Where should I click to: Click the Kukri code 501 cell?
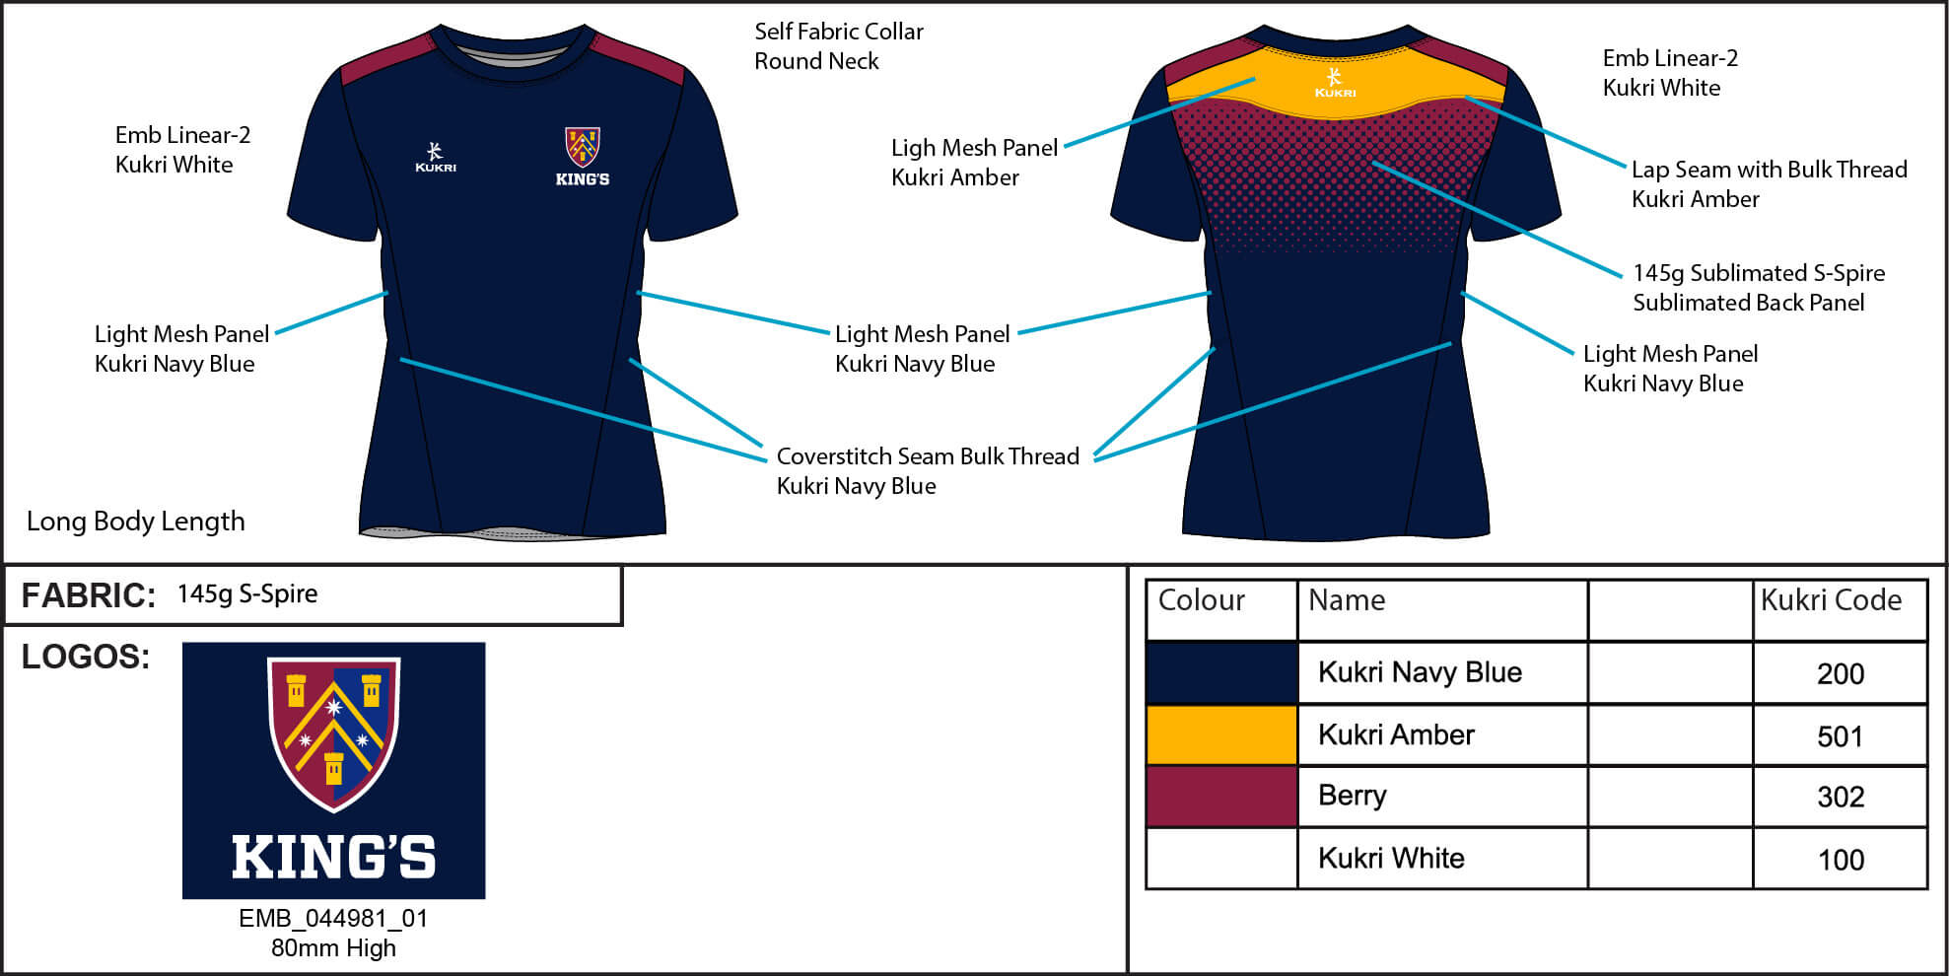(x=1840, y=736)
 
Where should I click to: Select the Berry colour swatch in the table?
(x=1221, y=797)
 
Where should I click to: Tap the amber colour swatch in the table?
(x=1221, y=735)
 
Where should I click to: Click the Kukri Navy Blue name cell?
(x=1420, y=672)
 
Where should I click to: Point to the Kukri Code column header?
(x=1831, y=600)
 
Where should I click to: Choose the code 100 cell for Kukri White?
(x=1840, y=860)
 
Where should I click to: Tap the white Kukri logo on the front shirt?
(x=436, y=158)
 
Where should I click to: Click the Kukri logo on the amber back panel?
(x=1335, y=83)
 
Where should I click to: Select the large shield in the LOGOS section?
(x=333, y=732)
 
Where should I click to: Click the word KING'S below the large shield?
(x=333, y=857)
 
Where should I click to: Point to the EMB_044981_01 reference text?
(x=333, y=919)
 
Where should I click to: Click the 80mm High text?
(x=333, y=948)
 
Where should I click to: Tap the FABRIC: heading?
(x=88, y=595)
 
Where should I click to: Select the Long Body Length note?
(x=136, y=522)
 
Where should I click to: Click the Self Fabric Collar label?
(x=839, y=32)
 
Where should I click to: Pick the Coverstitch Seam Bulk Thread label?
(x=928, y=456)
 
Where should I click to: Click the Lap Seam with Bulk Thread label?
(x=1769, y=170)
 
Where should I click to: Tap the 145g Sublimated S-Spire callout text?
(x=1759, y=273)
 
